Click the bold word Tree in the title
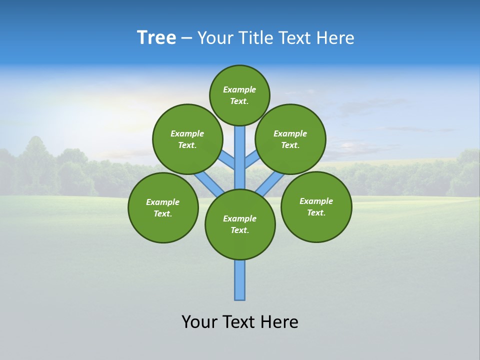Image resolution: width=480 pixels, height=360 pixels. pyautogui.click(x=156, y=38)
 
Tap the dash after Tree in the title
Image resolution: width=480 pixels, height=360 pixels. pyautogui.click(x=186, y=38)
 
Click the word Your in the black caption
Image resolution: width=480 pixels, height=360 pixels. pyautogui.click(x=199, y=322)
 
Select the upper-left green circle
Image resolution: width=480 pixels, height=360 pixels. pyautogui.click(x=187, y=139)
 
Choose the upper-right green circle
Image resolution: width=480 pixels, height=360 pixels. pyautogui.click(x=290, y=139)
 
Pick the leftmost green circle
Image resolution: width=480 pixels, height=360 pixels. pyautogui.click(x=163, y=207)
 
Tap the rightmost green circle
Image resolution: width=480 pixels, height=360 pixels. pyautogui.click(x=316, y=206)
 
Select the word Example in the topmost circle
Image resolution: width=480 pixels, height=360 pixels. pyautogui.click(x=239, y=90)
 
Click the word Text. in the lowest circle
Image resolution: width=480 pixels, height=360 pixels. pyautogui.click(x=239, y=230)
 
